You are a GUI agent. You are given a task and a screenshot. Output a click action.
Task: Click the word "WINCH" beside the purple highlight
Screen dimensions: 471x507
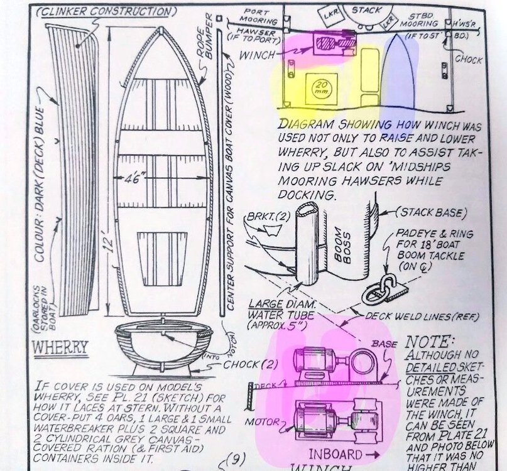257,55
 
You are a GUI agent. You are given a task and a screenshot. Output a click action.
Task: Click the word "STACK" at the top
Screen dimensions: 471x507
366,10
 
